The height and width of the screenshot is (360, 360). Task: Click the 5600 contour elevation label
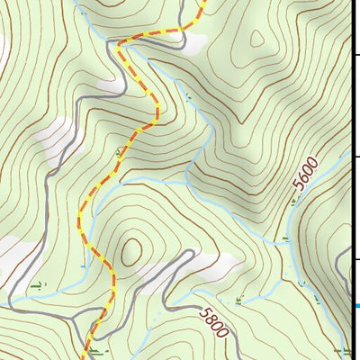pos(305,185)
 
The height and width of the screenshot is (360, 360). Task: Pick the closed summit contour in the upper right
pos(257,40)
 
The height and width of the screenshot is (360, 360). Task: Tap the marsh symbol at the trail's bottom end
pos(94,352)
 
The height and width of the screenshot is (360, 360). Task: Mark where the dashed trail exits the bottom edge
pos(86,357)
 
